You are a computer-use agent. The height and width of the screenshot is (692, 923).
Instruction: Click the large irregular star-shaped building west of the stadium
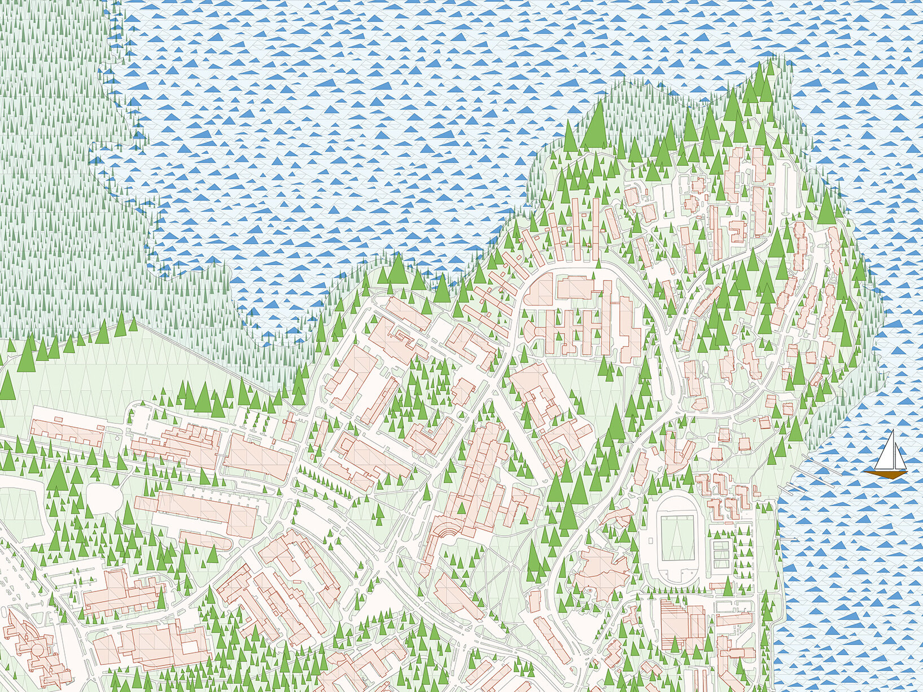[601, 570]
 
